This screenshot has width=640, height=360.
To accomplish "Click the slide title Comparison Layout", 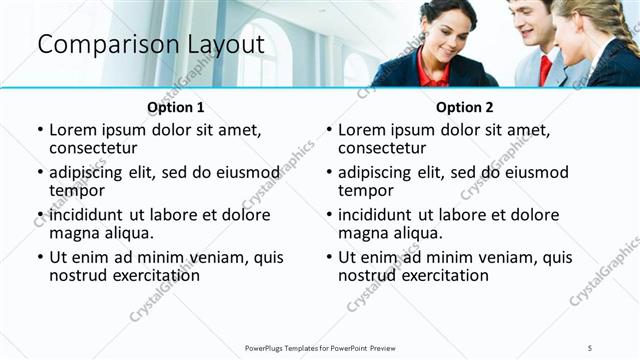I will click(x=151, y=45).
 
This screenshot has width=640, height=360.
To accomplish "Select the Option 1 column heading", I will click(x=175, y=107).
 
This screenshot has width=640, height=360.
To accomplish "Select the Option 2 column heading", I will click(x=464, y=107).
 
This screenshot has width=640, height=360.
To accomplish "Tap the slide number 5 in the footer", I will click(x=590, y=347).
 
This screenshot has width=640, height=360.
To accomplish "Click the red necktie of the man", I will click(x=545, y=68).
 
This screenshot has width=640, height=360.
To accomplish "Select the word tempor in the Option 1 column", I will click(x=77, y=190).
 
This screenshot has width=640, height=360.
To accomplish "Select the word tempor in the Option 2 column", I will click(x=366, y=190).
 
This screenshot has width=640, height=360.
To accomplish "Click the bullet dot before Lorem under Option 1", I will click(x=40, y=131).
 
